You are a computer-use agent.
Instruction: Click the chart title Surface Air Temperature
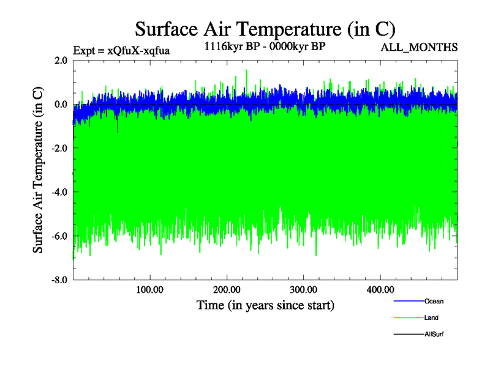[265, 29]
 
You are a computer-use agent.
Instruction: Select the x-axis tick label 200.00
[227, 289]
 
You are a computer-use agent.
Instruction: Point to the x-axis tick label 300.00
[303, 289]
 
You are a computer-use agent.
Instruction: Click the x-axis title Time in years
[265, 305]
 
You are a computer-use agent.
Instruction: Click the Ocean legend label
[434, 302]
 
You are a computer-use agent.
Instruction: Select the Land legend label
[431, 318]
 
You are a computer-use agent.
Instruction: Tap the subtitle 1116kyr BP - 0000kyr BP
[265, 46]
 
